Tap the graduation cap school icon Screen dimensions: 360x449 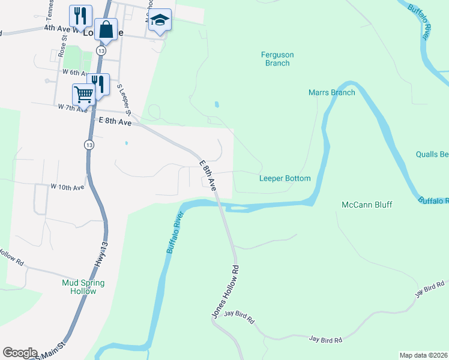160,21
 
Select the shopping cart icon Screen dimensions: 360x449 83,94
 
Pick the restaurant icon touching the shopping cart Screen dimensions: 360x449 98,83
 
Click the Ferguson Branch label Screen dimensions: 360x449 277,59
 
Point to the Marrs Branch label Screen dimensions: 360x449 331,92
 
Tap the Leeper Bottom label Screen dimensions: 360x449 285,178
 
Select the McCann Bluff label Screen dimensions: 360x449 366,205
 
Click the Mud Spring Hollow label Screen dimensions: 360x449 83,287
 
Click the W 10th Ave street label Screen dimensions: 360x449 67,187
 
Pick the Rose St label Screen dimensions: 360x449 62,45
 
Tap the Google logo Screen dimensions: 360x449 20,353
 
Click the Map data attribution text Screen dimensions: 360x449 424,355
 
